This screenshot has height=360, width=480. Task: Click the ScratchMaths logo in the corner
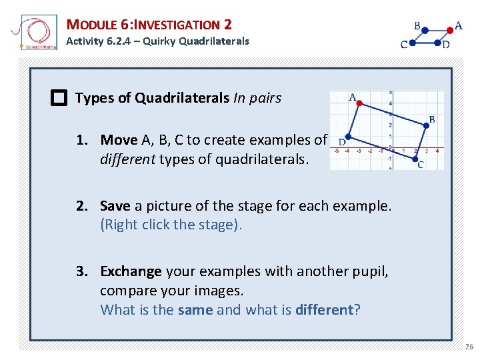(x=35, y=33)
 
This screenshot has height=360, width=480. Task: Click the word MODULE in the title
(x=93, y=25)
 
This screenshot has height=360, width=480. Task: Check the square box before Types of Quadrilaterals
(x=59, y=99)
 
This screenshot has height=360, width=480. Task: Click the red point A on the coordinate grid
(x=359, y=103)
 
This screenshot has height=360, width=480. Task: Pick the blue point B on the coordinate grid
(x=427, y=124)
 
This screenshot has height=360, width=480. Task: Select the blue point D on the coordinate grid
(x=347, y=137)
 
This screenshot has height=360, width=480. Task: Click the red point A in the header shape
(x=450, y=30)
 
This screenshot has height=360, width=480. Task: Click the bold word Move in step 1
(x=119, y=140)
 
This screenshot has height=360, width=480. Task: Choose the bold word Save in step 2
(x=115, y=206)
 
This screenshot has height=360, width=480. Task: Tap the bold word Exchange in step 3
(x=131, y=272)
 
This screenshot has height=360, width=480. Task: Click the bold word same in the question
(x=195, y=310)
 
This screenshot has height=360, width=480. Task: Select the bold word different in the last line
(x=323, y=310)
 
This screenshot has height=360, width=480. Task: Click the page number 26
(x=469, y=347)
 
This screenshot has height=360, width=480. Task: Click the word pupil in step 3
(x=370, y=272)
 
